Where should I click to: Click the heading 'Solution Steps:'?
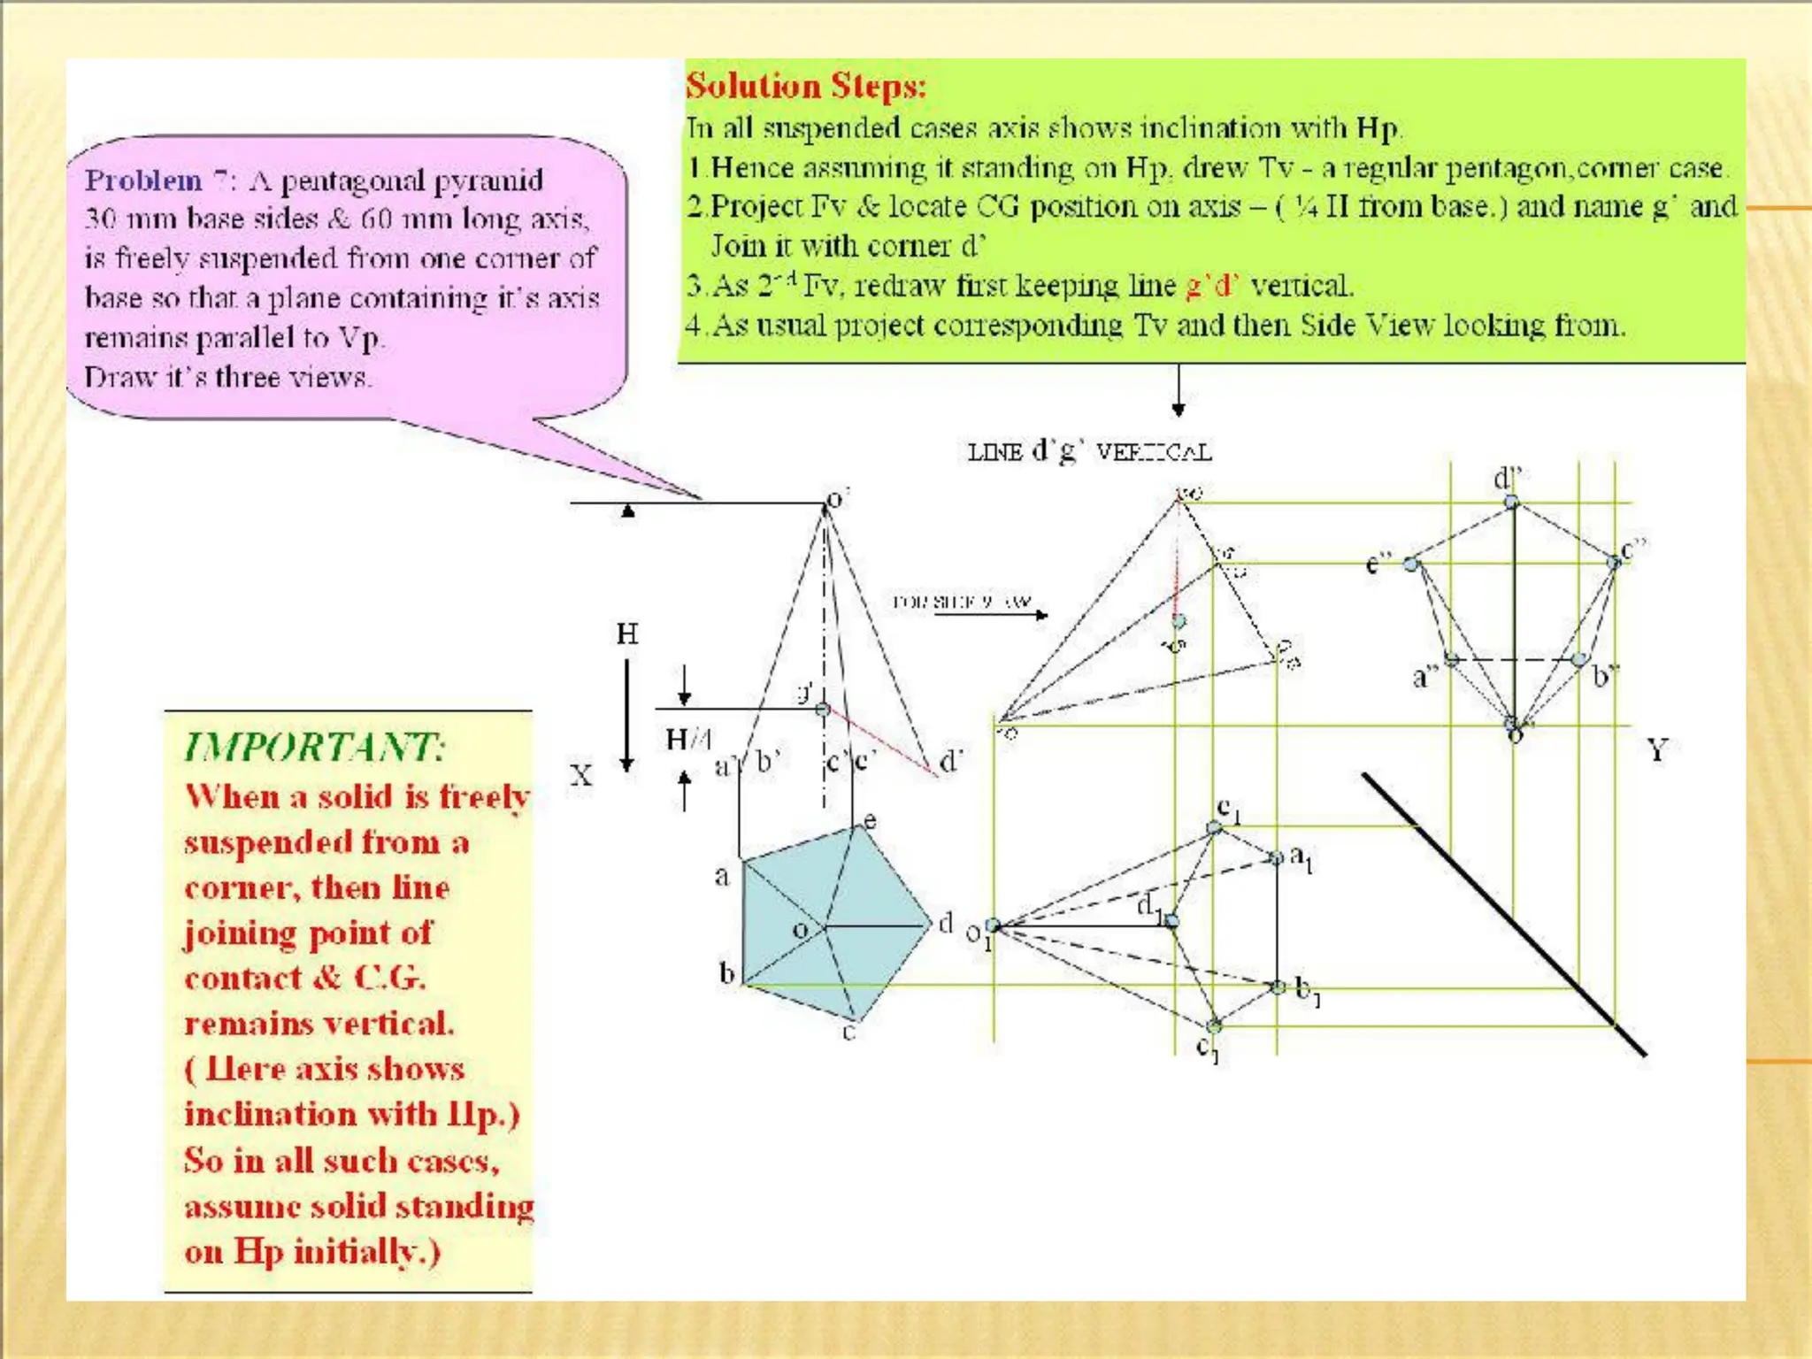point(805,86)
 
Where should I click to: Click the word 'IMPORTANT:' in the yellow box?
point(314,748)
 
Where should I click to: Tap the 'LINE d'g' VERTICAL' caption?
point(1088,452)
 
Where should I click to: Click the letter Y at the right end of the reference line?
point(1656,750)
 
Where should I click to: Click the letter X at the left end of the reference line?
point(580,776)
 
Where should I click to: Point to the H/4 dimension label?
point(687,739)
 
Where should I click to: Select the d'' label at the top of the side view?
point(1506,479)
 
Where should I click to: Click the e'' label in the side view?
point(1378,564)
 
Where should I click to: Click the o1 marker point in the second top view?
point(993,925)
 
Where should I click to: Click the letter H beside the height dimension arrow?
point(627,633)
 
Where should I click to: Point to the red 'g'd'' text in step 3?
point(1211,286)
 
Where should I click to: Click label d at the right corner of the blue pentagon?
point(946,923)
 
